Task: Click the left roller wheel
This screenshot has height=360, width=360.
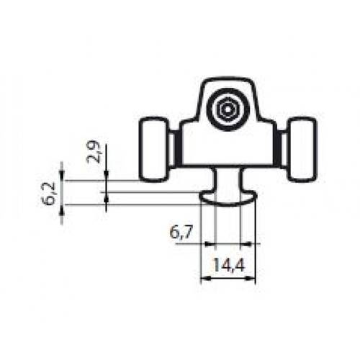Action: pyautogui.click(x=153, y=148)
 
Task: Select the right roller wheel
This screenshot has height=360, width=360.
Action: pyautogui.click(x=301, y=148)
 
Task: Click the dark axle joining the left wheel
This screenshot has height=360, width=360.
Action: pyautogui.click(x=176, y=148)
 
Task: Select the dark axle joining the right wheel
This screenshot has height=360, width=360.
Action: pyautogui.click(x=279, y=148)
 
